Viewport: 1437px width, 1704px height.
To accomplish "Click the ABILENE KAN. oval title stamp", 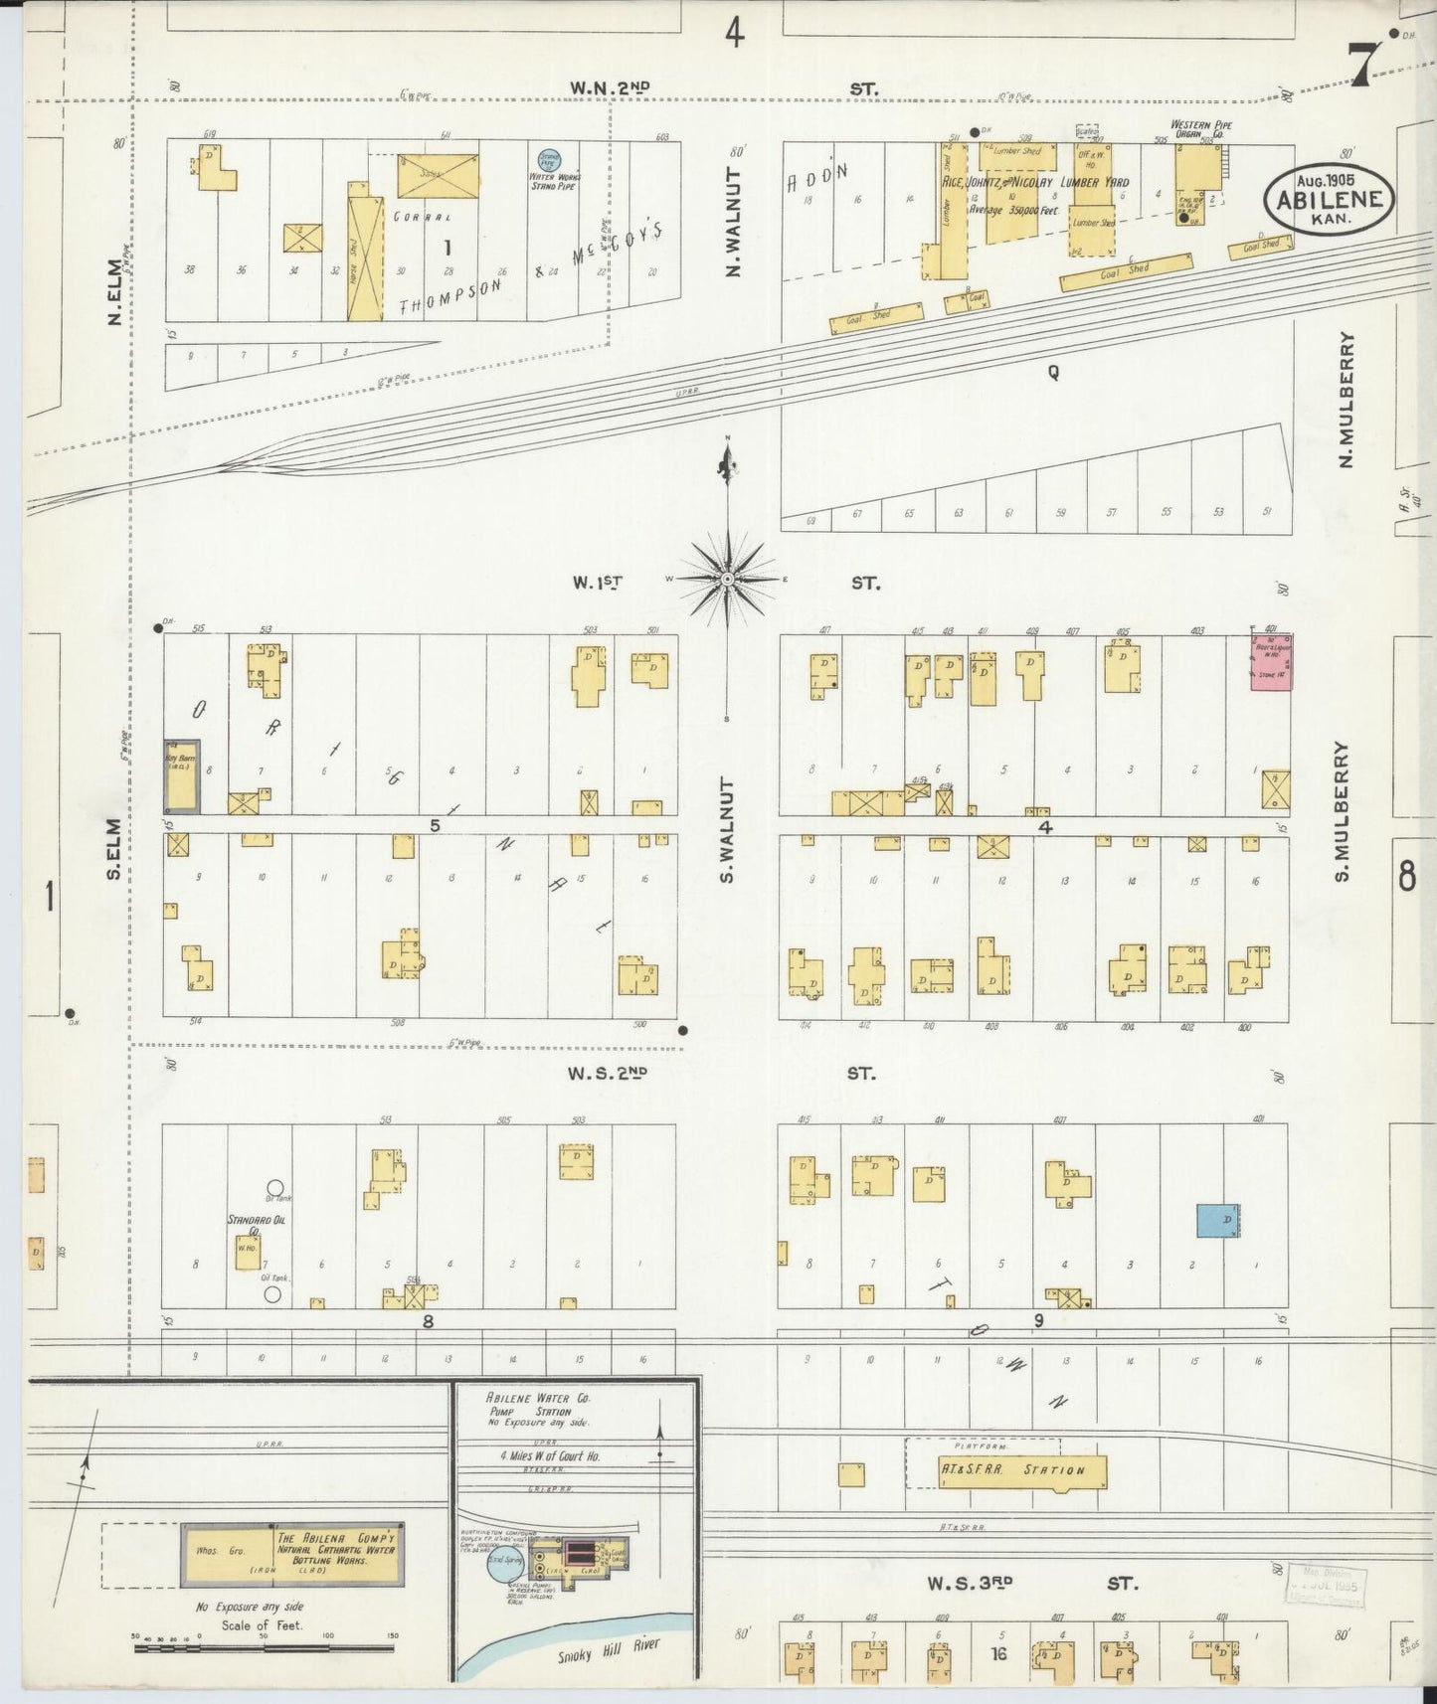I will [x=1330, y=199].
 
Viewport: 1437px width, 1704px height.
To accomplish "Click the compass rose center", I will [x=727, y=578].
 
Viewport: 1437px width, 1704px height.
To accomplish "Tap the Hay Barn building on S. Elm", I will [x=181, y=774].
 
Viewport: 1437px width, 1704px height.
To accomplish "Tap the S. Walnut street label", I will [x=728, y=830].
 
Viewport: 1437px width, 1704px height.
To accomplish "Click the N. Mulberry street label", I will [x=1347, y=400].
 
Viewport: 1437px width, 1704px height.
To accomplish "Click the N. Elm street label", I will [x=115, y=292].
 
